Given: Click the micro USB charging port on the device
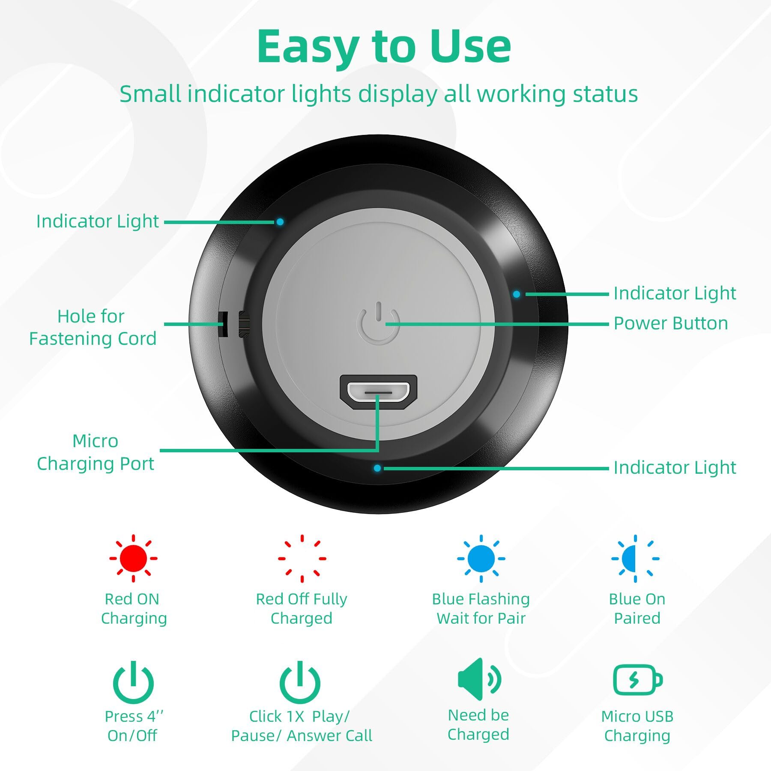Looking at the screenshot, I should (378, 391).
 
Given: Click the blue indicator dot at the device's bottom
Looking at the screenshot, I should (377, 468).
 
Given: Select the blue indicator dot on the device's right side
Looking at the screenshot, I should (517, 294).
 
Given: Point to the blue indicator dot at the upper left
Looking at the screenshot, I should (280, 222).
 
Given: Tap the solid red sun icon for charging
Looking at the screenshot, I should (133, 558).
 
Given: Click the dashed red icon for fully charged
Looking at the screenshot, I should (302, 558).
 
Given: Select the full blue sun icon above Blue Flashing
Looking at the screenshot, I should (481, 558).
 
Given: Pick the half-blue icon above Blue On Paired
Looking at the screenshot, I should (635, 558).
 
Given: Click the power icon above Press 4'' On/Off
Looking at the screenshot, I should (133, 682).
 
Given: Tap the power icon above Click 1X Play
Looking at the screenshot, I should (300, 682).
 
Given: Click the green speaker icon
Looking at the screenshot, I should (479, 679).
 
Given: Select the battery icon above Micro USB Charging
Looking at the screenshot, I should (637, 679).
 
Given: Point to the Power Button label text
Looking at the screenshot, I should (671, 323).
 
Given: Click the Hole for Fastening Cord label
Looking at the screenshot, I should (93, 328).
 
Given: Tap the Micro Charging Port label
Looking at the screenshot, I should (95, 452).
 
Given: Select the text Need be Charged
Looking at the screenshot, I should (478, 725).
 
